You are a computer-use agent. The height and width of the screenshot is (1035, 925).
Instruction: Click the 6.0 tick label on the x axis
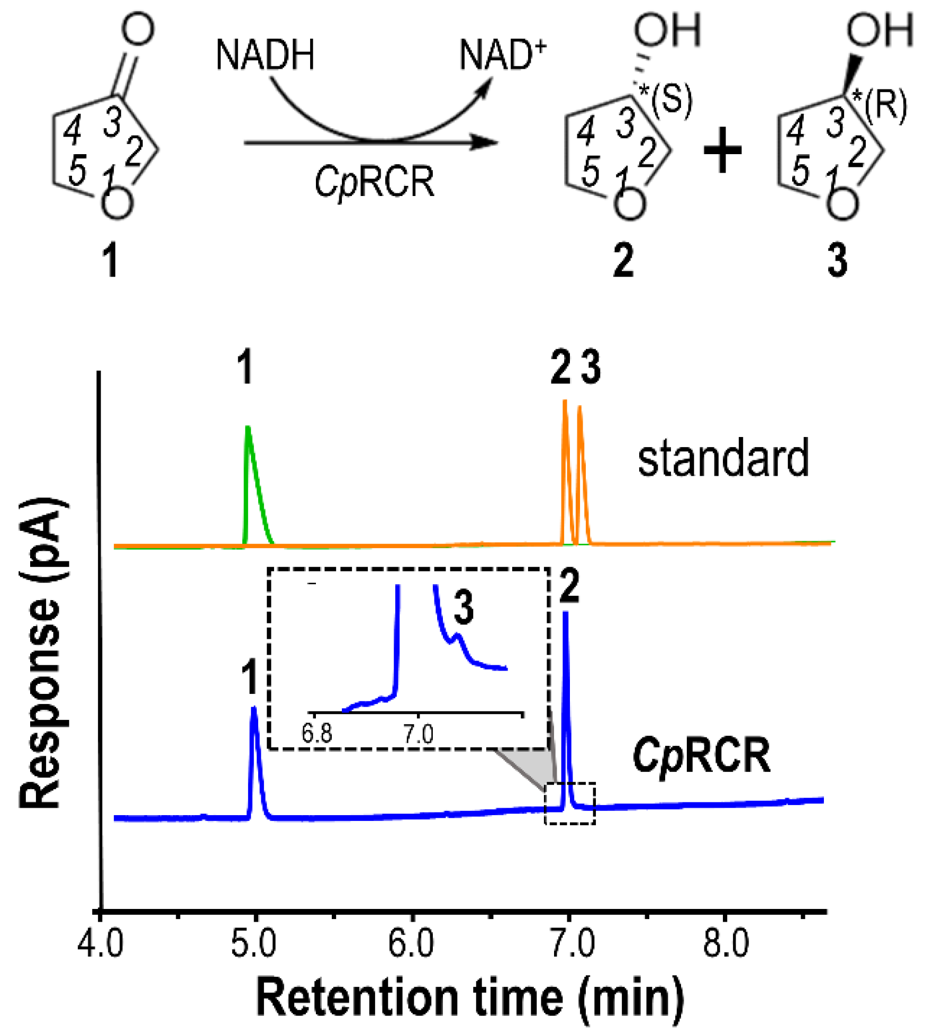click(411, 944)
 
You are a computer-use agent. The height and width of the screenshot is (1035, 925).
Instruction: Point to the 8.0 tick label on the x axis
click(726, 944)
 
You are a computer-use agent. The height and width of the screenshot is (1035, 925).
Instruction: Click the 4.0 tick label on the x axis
click(101, 944)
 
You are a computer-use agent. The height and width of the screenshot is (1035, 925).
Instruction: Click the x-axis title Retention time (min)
click(470, 999)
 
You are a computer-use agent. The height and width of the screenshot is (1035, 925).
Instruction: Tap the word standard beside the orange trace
click(723, 459)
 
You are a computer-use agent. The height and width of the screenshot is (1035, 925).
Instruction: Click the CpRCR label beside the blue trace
click(702, 756)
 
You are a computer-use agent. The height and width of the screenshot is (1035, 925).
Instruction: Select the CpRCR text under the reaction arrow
click(374, 182)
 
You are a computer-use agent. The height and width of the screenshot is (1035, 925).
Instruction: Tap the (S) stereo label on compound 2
click(672, 100)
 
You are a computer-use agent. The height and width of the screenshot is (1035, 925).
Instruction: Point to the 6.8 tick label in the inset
click(316, 734)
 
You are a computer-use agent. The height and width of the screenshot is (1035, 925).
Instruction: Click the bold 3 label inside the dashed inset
click(464, 608)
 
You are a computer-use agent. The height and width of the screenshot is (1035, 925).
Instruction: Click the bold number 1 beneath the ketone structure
click(110, 261)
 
